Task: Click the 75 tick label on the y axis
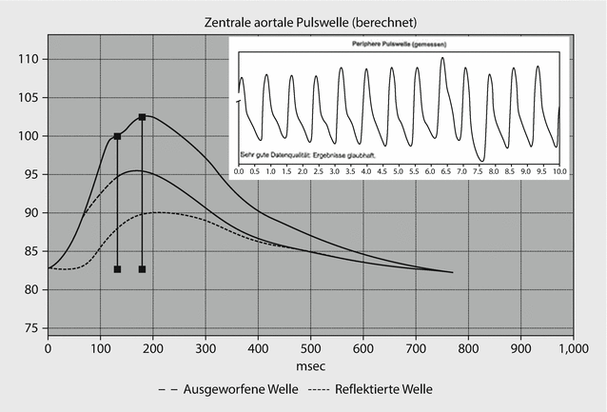pyautogui.click(x=29, y=328)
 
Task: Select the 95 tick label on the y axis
pyautogui.click(x=29, y=174)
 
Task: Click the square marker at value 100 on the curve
pyautogui.click(x=117, y=136)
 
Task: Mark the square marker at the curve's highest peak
pyautogui.click(x=142, y=117)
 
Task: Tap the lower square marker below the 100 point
pyautogui.click(x=117, y=269)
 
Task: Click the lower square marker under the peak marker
pyautogui.click(x=142, y=269)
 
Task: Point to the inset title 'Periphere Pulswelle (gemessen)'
pyautogui.click(x=399, y=45)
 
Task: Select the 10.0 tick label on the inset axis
pyautogui.click(x=558, y=171)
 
